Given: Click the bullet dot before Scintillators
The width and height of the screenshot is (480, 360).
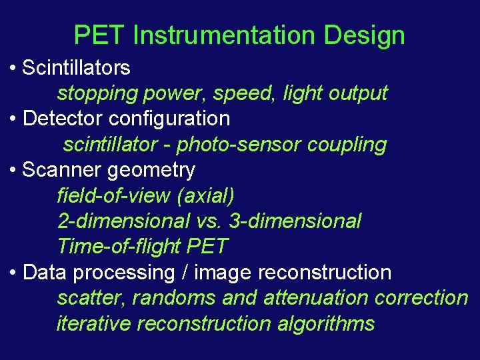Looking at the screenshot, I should pyautogui.click(x=13, y=68).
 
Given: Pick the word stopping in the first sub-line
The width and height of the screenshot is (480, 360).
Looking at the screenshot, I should pyautogui.click(x=96, y=93).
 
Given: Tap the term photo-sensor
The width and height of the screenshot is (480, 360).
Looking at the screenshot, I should pyautogui.click(x=250, y=145).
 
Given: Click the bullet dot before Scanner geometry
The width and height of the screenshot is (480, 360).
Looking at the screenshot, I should pyautogui.click(x=13, y=171).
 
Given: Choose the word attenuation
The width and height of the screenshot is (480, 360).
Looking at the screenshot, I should pyautogui.click(x=317, y=298).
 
